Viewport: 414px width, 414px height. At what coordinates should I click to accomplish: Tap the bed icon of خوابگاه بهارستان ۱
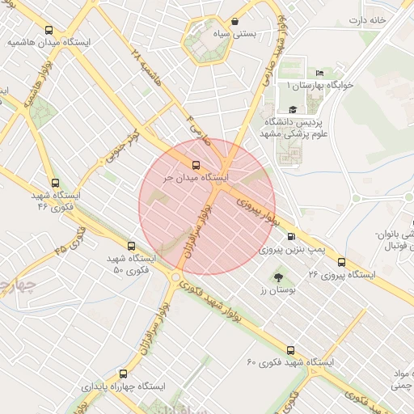[319, 72]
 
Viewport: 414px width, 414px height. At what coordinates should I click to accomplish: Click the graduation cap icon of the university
[292, 109]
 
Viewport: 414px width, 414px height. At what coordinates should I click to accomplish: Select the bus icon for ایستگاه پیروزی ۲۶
[342, 262]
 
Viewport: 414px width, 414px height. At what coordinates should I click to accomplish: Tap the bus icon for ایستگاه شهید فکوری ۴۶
[55, 184]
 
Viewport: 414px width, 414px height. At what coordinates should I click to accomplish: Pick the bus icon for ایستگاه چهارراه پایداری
[123, 374]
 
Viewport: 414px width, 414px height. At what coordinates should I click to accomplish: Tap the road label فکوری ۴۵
[70, 240]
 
